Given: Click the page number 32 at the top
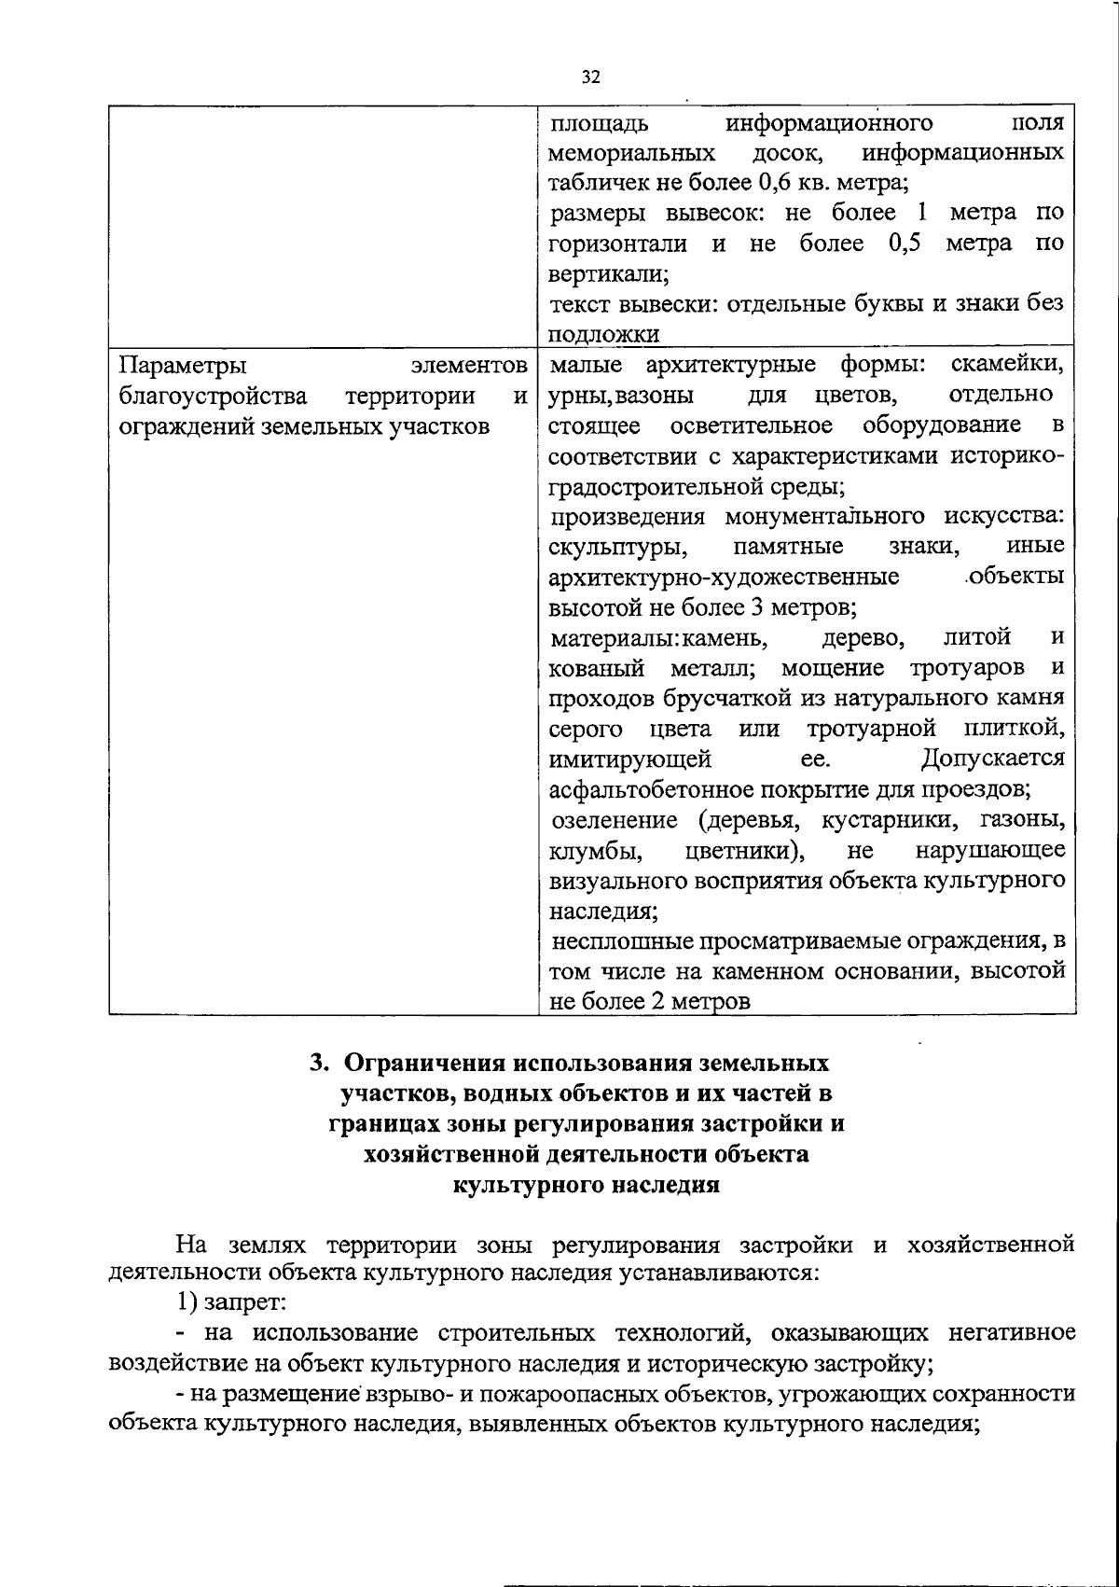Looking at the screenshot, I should [590, 77].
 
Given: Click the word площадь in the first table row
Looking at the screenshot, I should [597, 123].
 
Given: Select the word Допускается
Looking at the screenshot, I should [993, 759].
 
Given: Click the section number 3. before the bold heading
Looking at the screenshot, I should [319, 1063].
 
